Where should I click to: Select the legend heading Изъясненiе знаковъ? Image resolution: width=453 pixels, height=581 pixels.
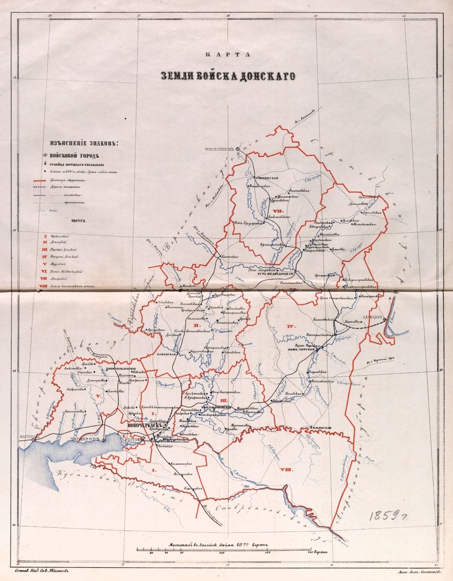(83, 143)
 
